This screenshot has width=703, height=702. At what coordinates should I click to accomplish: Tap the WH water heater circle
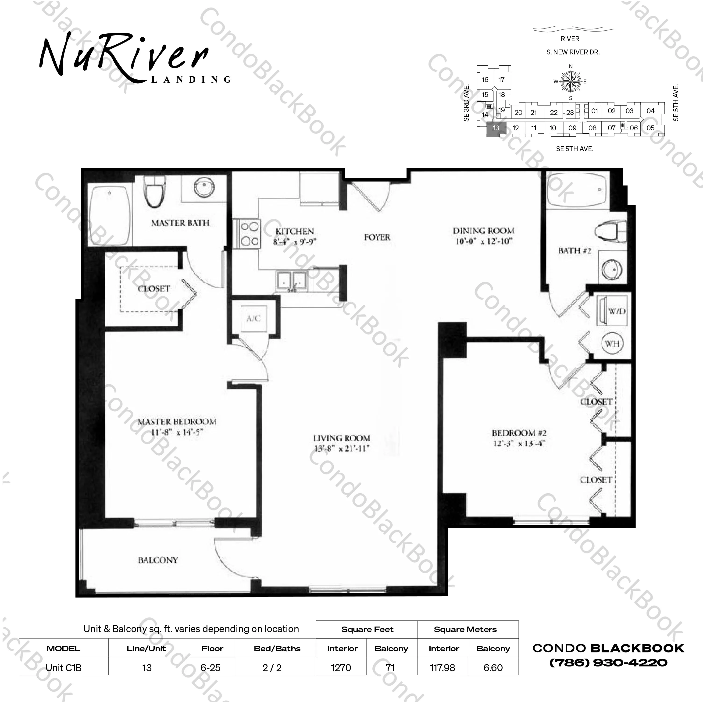click(612, 343)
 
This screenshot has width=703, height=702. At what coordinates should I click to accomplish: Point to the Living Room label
click(342, 438)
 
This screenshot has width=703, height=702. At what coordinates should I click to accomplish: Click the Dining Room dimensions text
click(484, 241)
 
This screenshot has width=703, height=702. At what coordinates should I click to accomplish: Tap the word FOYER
click(377, 237)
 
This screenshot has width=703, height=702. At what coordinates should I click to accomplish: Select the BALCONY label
click(158, 560)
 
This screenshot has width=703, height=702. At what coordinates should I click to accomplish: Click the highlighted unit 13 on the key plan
click(495, 128)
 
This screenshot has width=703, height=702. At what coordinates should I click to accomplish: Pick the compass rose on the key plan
click(571, 82)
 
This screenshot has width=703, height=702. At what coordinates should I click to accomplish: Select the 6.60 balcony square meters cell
click(493, 668)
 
